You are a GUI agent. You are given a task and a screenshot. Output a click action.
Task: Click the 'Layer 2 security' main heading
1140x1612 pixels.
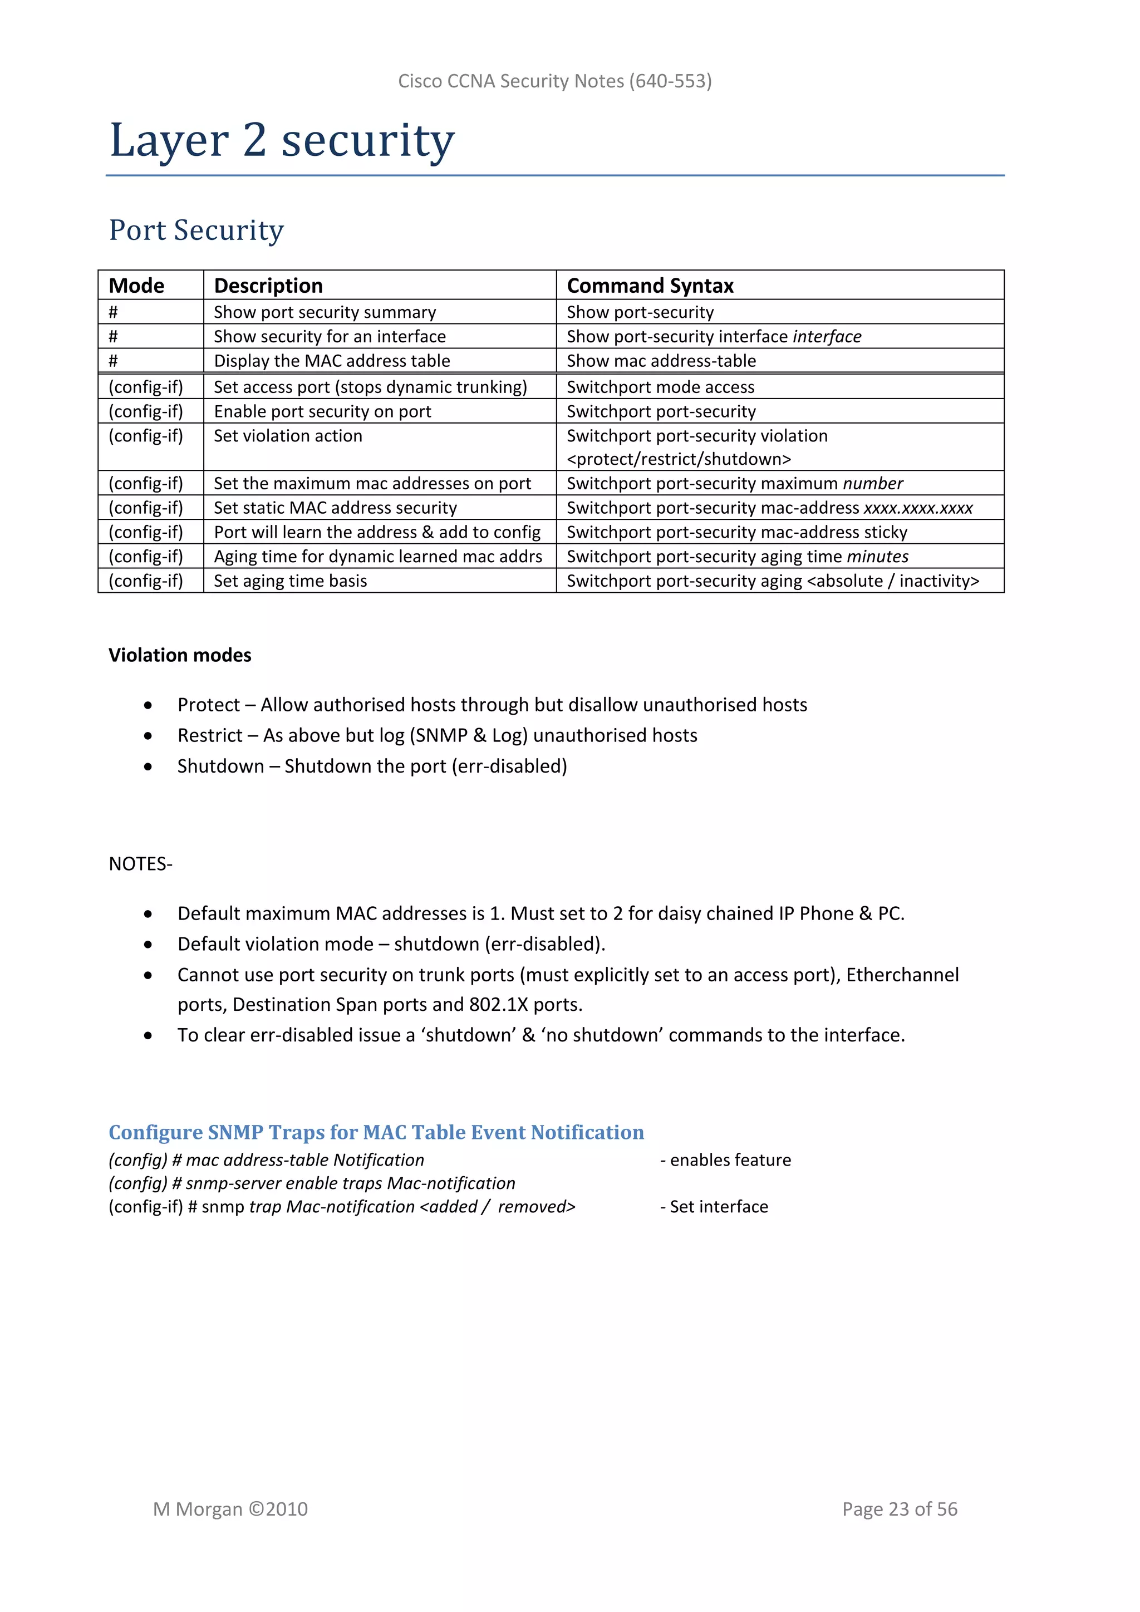[x=282, y=140]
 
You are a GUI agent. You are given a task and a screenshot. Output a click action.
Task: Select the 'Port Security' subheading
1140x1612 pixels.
[x=196, y=230]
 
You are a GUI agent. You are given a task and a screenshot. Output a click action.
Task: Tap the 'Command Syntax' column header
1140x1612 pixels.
[x=650, y=286]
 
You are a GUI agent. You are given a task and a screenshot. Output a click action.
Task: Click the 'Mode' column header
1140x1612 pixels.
[x=136, y=286]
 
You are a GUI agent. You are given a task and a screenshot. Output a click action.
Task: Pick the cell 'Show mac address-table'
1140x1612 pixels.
[x=661, y=361]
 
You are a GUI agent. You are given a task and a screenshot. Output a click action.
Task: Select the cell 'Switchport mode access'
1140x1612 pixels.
[x=660, y=387]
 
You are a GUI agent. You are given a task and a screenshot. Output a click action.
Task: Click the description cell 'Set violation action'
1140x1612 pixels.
[x=288, y=436]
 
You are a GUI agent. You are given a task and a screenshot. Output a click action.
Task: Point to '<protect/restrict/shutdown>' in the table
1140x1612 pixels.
[x=678, y=459]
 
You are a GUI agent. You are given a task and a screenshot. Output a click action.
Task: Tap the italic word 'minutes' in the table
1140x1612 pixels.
[x=877, y=557]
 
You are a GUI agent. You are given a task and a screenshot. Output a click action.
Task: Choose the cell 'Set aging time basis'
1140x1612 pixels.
[x=290, y=581]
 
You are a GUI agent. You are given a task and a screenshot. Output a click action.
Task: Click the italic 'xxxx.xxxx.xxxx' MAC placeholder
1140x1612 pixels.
[x=917, y=508]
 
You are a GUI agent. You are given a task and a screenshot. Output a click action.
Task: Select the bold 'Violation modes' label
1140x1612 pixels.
[x=180, y=655]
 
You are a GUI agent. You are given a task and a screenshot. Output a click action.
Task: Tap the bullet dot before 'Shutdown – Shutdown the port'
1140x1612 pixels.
[x=148, y=766]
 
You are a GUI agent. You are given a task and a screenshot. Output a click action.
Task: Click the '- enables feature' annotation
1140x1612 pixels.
[x=725, y=1160]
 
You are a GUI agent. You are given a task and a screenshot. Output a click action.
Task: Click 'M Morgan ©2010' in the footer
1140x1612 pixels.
[x=230, y=1509]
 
